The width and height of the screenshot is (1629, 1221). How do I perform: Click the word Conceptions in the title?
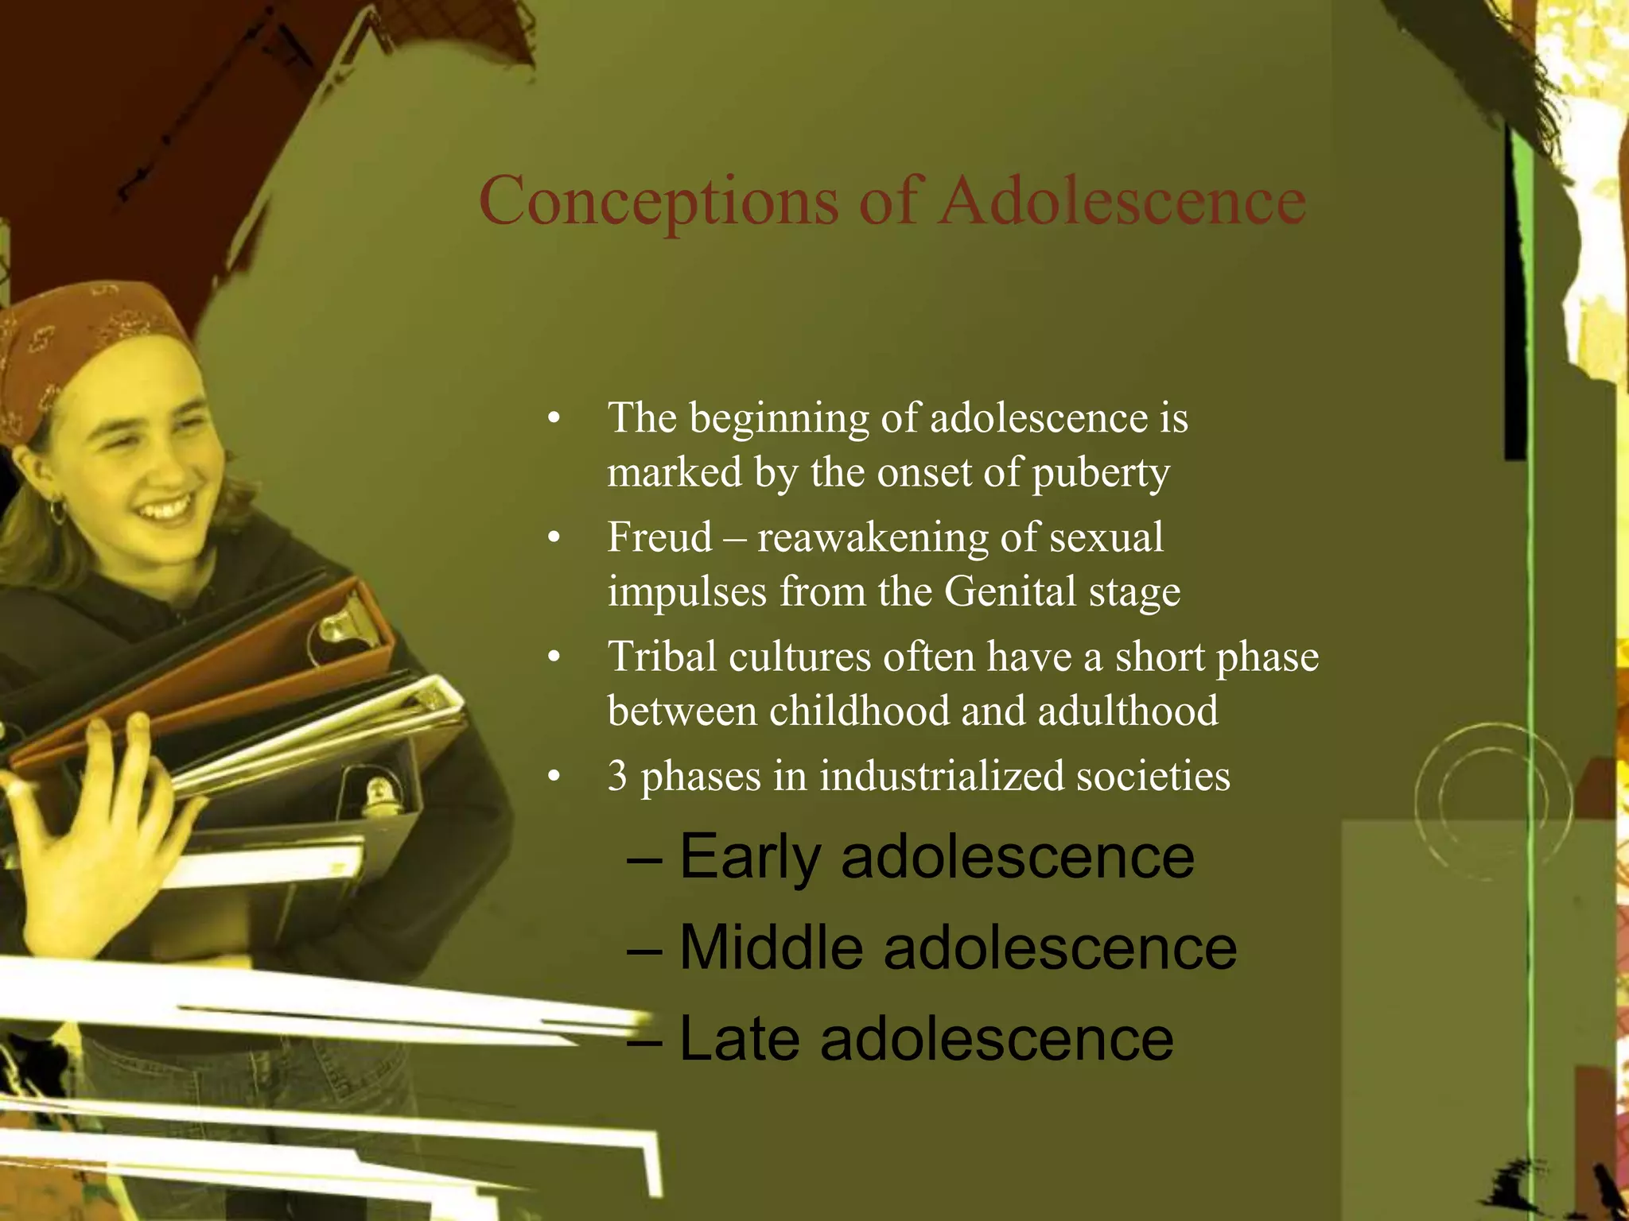tap(659, 202)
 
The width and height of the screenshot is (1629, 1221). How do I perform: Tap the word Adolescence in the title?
tap(1122, 200)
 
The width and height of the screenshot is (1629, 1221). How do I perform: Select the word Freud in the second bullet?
tap(659, 537)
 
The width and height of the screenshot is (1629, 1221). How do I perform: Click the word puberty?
tap(1101, 474)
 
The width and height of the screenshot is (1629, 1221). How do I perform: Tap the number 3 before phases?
tap(617, 776)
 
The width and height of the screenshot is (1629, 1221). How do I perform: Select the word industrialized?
tap(941, 776)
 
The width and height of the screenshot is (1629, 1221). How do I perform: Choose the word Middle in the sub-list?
tap(771, 948)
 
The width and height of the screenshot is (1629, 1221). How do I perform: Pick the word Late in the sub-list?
tap(739, 1040)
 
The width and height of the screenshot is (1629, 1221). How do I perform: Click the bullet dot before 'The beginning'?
tap(554, 419)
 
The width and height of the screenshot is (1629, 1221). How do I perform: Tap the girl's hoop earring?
tap(58, 511)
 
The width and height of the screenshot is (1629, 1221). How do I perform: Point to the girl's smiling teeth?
tap(167, 507)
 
